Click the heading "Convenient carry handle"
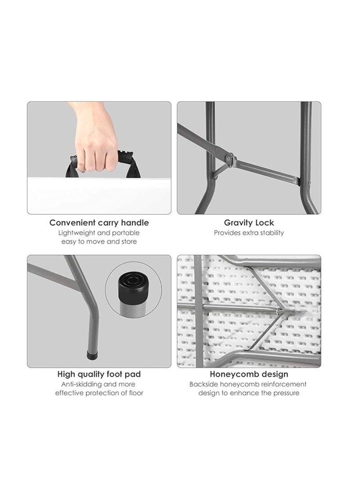click(99, 223)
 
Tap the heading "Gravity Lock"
click(249, 223)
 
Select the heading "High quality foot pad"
click(99, 374)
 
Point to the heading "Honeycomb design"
click(249, 374)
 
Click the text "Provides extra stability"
click(249, 233)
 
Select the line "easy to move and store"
click(99, 241)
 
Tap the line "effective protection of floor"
click(99, 393)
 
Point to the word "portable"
click(127, 233)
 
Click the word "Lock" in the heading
click(265, 223)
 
